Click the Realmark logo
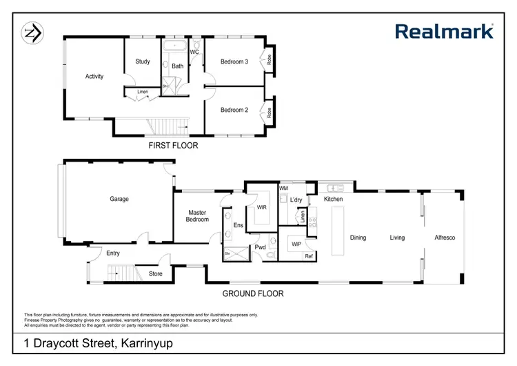(x=444, y=31)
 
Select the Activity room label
(x=94, y=77)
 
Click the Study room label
(x=143, y=61)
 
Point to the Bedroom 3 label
(x=234, y=61)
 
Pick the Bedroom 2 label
(x=234, y=110)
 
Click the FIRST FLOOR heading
(x=174, y=146)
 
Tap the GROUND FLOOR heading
(x=252, y=293)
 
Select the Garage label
(x=119, y=199)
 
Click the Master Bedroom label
(x=196, y=216)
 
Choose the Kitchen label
(x=334, y=200)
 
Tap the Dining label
(x=358, y=238)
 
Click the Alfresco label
(x=445, y=238)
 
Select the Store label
(x=156, y=273)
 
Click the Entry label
(x=113, y=253)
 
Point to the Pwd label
(x=260, y=247)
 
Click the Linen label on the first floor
(x=143, y=92)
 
